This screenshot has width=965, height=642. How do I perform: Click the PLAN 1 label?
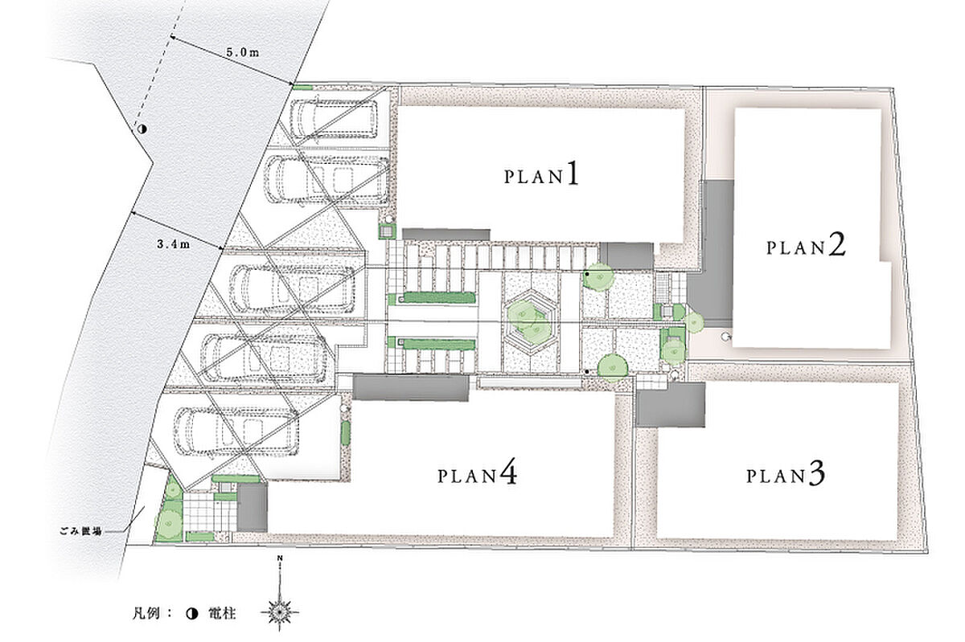tap(541, 175)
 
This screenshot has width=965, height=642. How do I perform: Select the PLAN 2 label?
tap(806, 245)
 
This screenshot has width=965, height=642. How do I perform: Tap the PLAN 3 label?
tap(786, 475)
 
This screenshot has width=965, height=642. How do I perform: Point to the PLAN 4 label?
tap(478, 474)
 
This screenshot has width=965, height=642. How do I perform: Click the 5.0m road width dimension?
tap(243, 52)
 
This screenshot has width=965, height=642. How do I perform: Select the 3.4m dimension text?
tap(173, 244)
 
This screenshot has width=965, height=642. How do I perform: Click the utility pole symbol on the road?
tap(142, 129)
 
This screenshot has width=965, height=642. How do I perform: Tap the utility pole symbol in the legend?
tap(192, 614)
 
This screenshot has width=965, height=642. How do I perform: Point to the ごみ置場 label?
tap(81, 532)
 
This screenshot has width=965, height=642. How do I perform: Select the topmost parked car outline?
tap(333, 119)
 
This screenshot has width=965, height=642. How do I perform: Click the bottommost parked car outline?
tap(236, 431)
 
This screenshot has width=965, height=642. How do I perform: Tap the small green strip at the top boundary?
tap(302, 88)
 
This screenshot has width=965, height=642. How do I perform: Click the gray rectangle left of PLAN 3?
tap(671, 405)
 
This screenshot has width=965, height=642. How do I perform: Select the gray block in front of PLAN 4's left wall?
tap(252, 508)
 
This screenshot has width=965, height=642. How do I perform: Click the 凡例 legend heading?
tap(146, 614)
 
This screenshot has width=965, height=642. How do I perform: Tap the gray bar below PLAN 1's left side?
tap(446, 235)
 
